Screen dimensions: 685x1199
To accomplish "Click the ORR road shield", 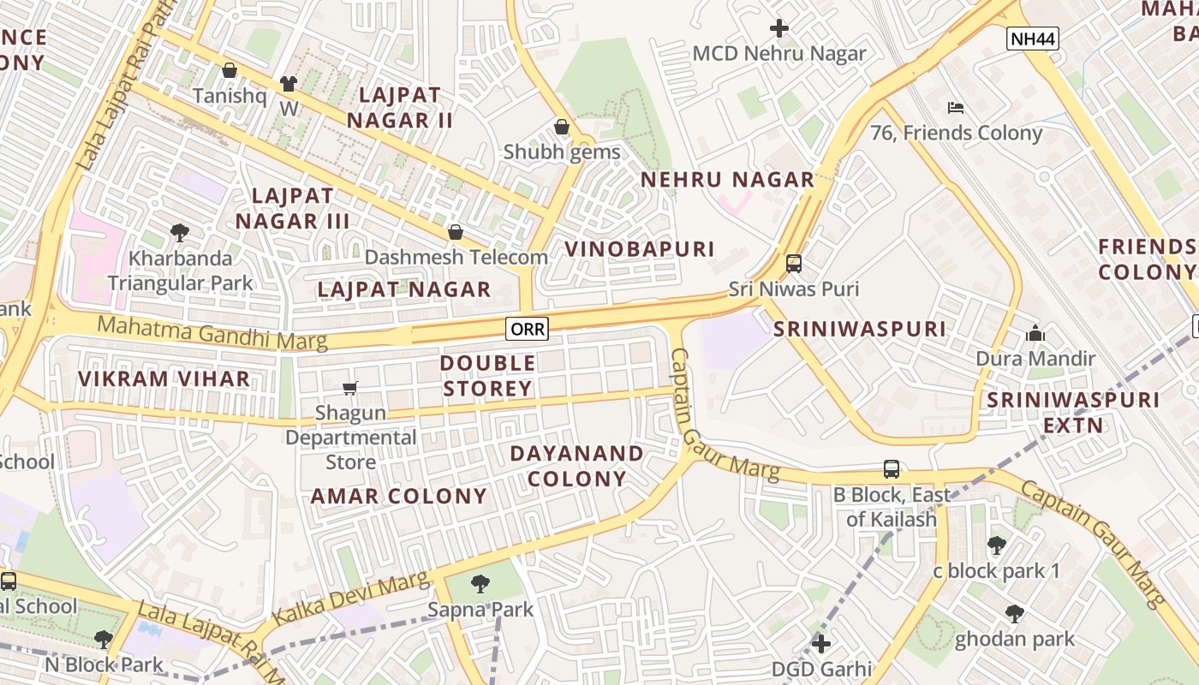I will point(527,328).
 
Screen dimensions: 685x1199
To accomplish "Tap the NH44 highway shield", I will point(1033,38).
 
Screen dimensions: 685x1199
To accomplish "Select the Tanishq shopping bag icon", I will point(230,70).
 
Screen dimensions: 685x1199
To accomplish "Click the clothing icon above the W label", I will point(288,84).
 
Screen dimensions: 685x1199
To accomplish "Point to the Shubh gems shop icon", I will point(562,127).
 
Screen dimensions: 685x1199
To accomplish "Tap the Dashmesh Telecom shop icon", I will point(456,232).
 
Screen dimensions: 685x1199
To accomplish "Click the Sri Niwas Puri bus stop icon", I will point(794,263).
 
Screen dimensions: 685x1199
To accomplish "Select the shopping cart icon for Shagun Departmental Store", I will point(349,389).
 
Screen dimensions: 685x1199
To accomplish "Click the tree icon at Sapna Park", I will point(480,584).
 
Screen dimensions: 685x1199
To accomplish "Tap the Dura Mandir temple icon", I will point(1035,333).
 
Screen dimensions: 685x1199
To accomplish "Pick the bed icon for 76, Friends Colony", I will point(956,108).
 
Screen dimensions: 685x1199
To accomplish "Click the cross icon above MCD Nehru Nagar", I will point(778,28).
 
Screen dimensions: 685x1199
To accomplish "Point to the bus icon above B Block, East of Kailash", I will point(892,469).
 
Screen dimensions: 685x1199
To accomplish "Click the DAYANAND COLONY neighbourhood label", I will point(576,466).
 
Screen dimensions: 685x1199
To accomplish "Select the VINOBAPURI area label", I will point(639,249).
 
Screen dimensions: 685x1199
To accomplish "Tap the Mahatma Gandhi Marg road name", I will point(212,332).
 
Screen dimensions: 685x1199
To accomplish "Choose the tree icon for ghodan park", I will point(1014,613).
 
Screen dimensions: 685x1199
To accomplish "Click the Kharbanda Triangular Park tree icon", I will point(180,232).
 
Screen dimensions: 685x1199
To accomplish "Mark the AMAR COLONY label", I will point(398,496).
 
